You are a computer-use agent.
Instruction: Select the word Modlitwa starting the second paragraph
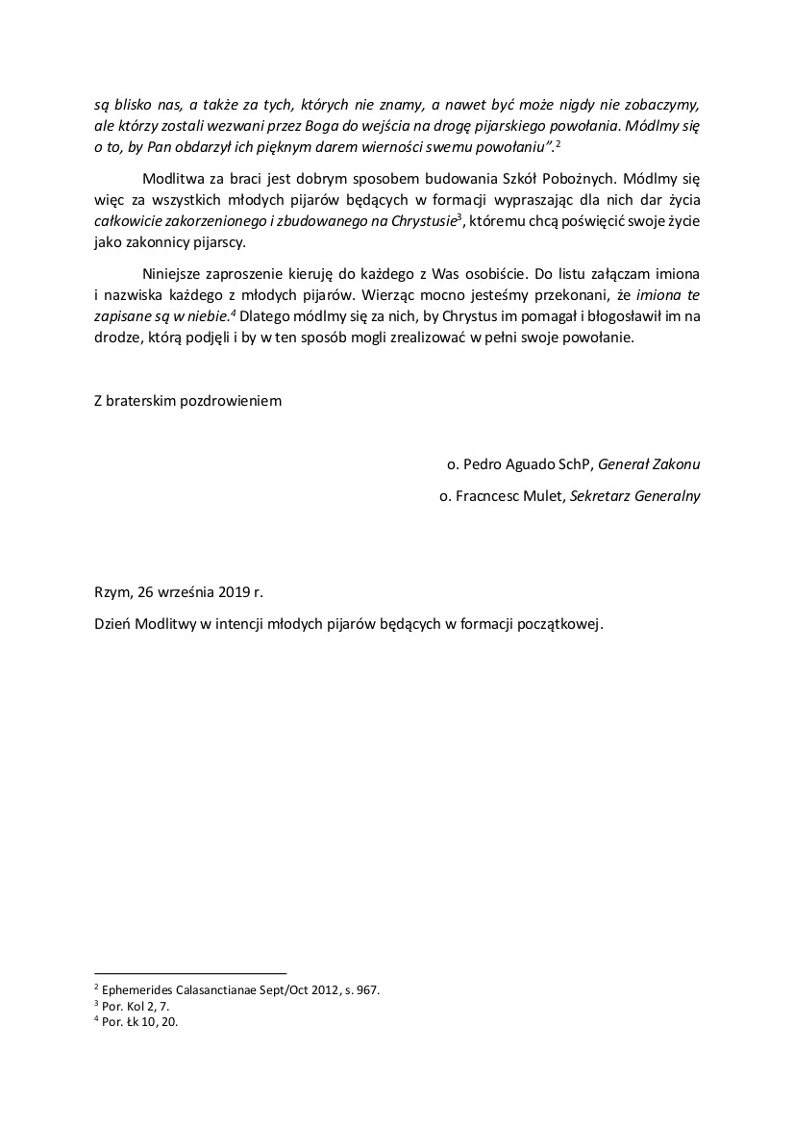172,179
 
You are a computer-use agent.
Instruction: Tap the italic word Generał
625,464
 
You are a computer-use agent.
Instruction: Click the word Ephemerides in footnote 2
136,988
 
